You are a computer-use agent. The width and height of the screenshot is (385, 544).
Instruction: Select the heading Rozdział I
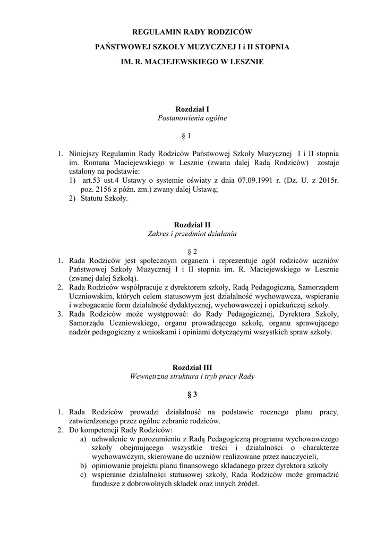(x=192, y=108)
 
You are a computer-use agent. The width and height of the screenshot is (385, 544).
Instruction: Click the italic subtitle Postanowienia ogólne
(x=192, y=118)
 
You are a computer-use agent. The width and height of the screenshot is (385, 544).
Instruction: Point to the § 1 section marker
(x=192, y=136)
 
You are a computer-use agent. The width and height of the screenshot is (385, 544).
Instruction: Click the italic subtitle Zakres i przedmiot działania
(x=192, y=233)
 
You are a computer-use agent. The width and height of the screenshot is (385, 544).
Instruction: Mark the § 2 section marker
(x=192, y=251)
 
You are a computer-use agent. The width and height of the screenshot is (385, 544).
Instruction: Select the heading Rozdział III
(x=192, y=367)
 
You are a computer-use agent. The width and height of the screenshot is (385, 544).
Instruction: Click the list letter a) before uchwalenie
(x=83, y=439)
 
